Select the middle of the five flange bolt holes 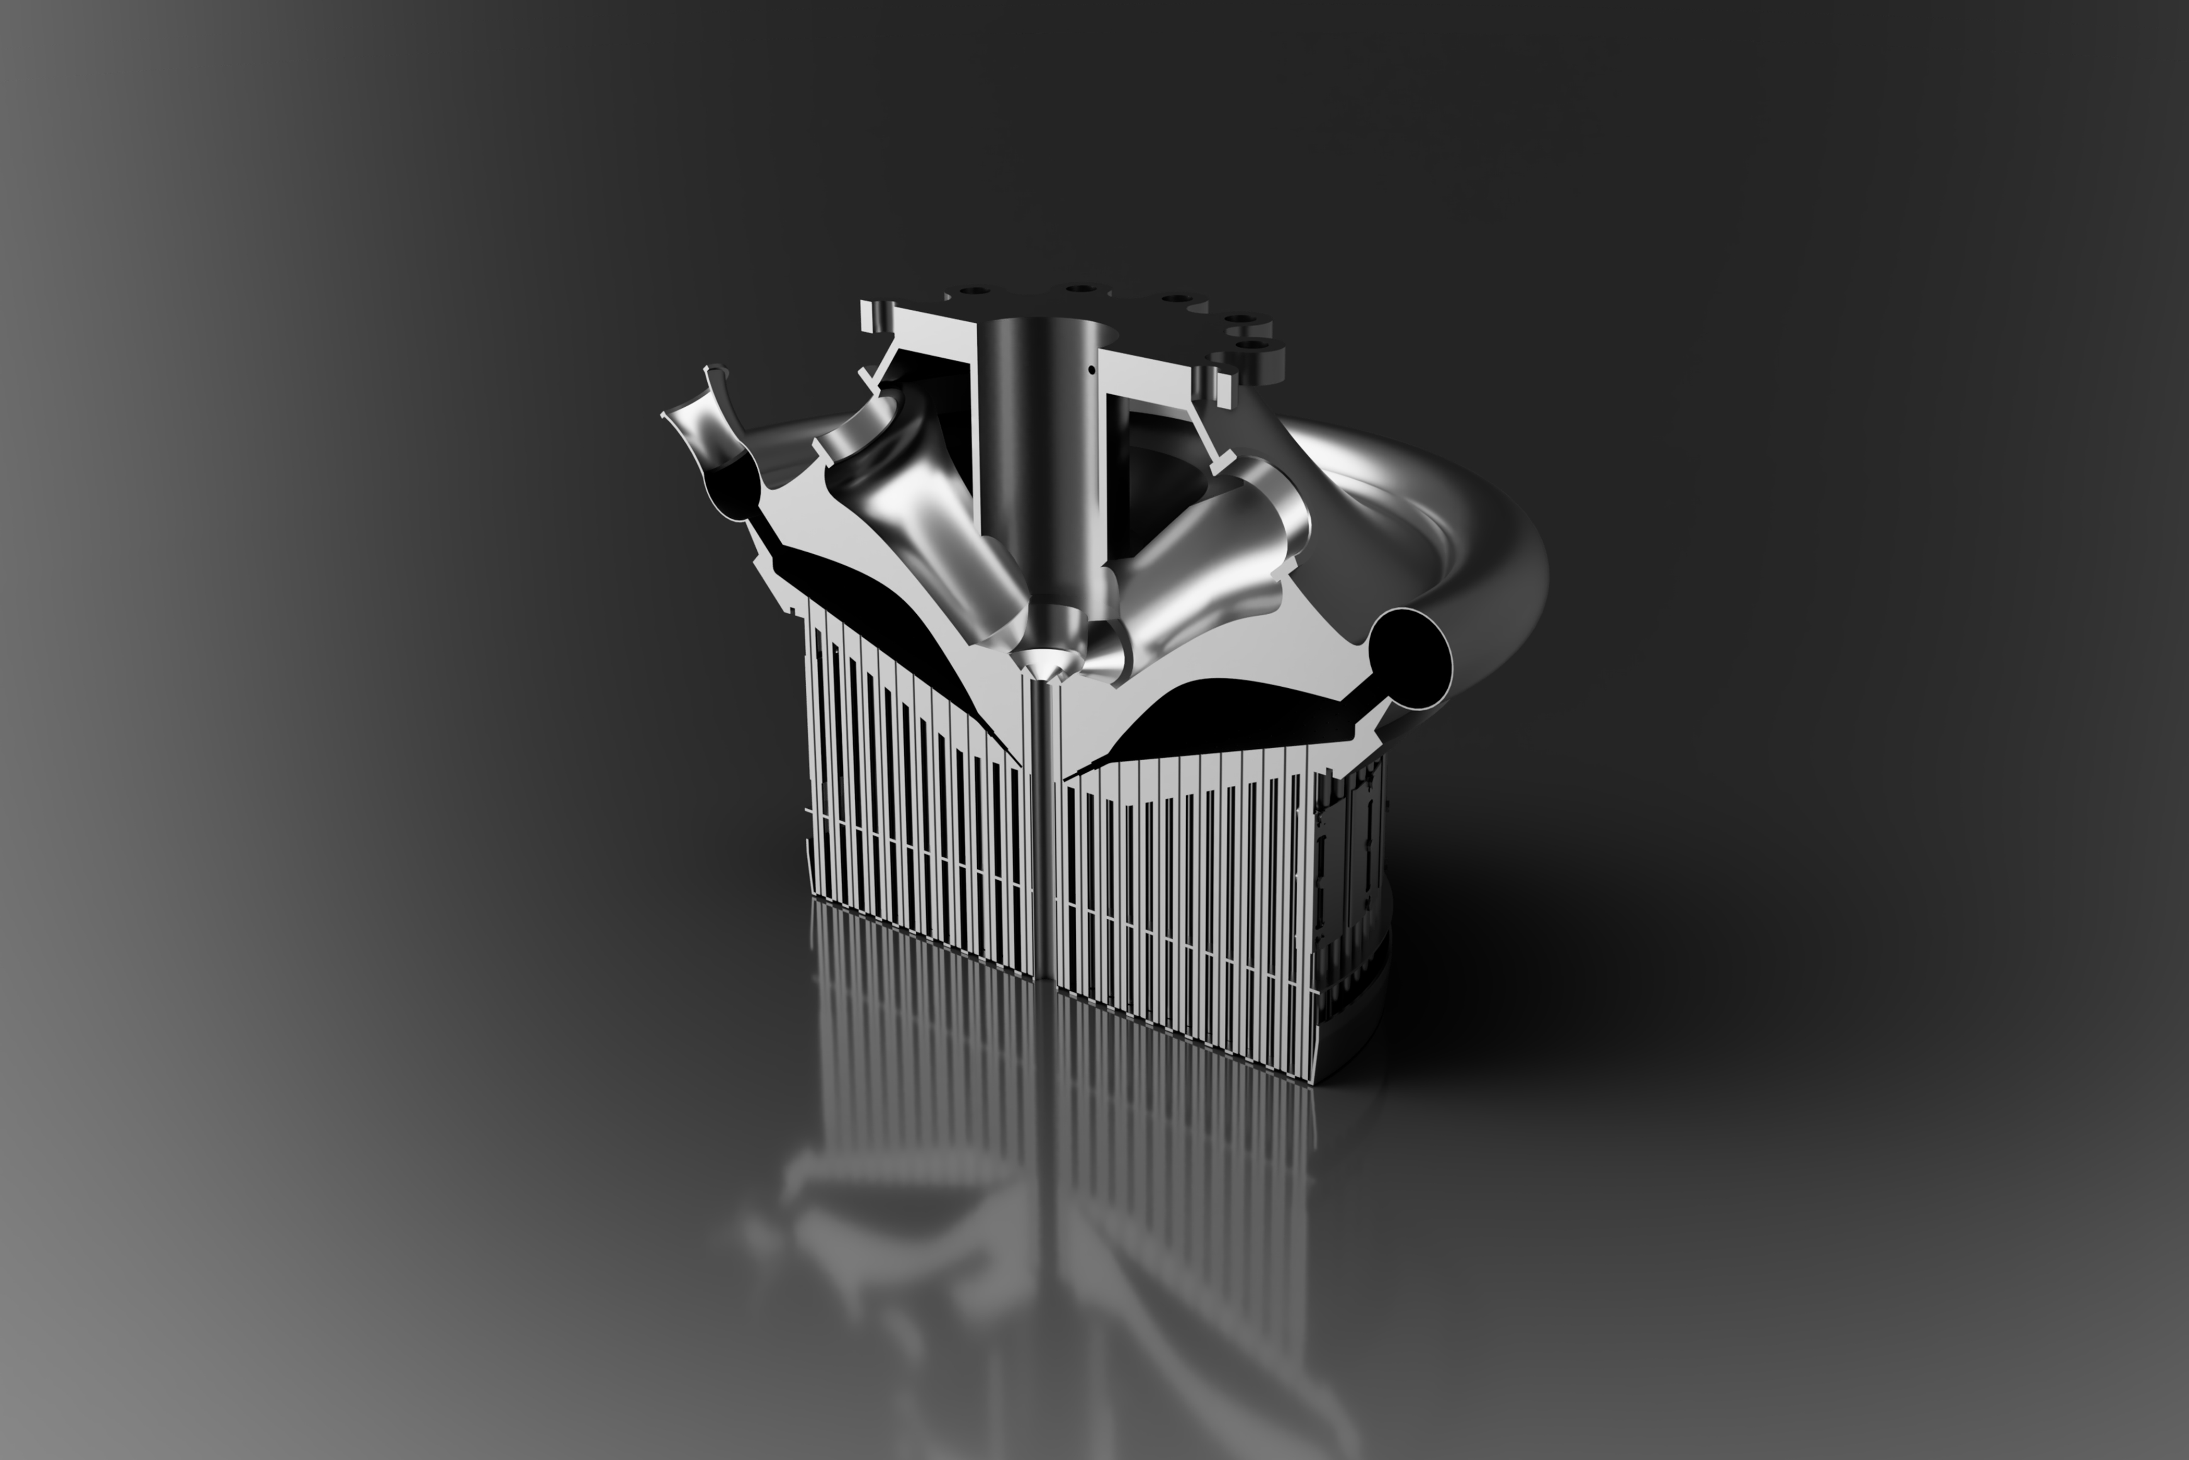pyautogui.click(x=1176, y=300)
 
